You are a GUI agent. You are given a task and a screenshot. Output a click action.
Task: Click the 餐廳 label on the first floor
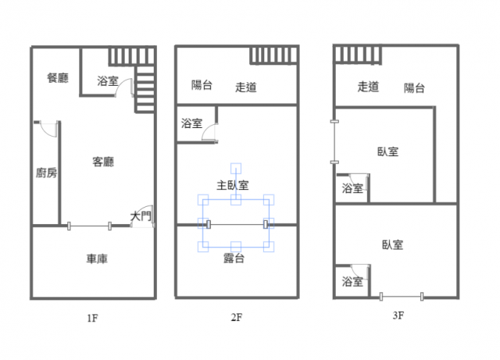(x=58, y=77)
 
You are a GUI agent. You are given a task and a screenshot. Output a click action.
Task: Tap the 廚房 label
(x=46, y=173)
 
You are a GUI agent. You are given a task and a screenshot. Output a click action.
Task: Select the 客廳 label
(x=104, y=162)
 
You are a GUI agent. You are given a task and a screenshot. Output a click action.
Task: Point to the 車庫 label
(x=97, y=258)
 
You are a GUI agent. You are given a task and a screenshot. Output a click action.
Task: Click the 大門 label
(x=141, y=216)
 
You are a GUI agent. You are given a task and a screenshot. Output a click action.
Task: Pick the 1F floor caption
(x=92, y=318)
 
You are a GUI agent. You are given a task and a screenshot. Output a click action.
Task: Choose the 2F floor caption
(x=236, y=318)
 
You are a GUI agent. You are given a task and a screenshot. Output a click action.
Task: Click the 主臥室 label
(x=233, y=185)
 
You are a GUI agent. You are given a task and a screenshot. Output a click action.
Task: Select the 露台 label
(x=234, y=258)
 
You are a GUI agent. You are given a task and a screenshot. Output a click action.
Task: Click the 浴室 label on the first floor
(x=108, y=80)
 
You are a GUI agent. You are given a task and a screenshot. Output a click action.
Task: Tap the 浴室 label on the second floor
(x=191, y=123)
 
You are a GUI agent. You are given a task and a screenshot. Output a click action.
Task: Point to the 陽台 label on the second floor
(x=202, y=85)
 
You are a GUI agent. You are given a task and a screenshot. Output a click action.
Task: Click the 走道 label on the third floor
(x=369, y=87)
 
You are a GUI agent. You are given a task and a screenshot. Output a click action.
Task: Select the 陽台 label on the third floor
(x=415, y=87)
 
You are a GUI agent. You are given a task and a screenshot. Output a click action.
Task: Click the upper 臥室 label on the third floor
(x=387, y=151)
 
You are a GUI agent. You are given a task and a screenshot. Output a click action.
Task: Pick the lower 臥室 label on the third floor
(x=393, y=244)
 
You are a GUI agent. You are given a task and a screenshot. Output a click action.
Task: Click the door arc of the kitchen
(x=48, y=128)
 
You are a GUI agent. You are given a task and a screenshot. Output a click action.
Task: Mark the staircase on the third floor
(x=358, y=55)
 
